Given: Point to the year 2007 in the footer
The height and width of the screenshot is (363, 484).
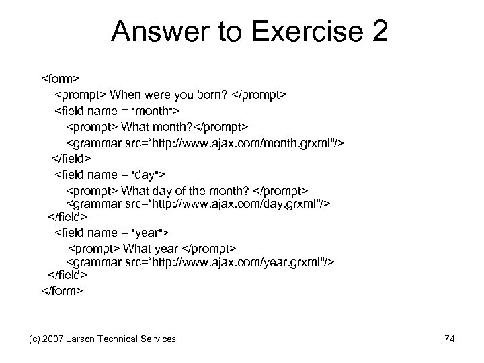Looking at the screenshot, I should tap(50, 339).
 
